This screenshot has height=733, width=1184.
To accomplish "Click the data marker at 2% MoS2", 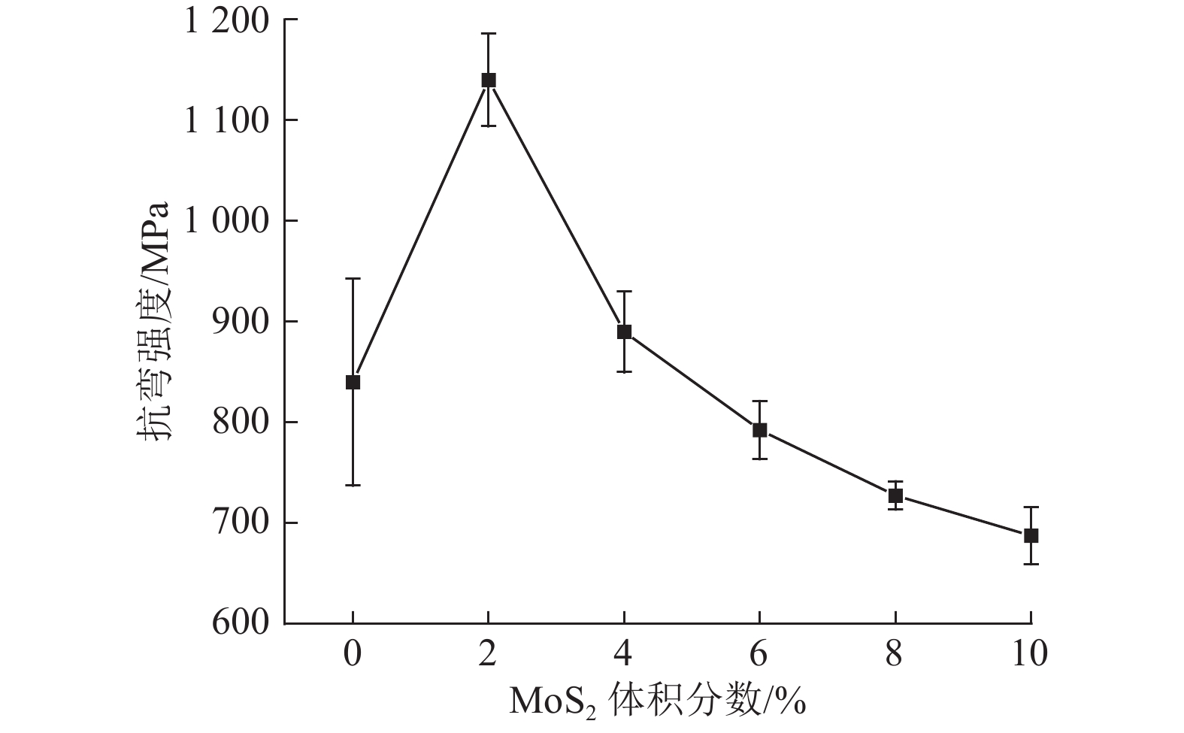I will [x=489, y=80].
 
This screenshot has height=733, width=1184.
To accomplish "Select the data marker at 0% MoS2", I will [x=353, y=382].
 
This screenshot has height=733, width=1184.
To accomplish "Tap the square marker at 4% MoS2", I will [x=624, y=332].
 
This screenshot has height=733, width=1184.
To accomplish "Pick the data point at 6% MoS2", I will [x=759, y=430].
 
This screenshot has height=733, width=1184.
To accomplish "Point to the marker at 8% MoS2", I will [x=895, y=495].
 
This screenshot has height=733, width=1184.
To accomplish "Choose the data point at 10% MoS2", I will [x=1031, y=535].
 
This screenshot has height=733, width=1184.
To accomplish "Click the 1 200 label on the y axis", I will [x=226, y=21].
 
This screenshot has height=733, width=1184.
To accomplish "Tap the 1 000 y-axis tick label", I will [x=226, y=221].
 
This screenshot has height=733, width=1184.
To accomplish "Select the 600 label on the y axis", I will [x=240, y=623].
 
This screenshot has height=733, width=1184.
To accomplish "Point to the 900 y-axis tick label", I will [x=240, y=322].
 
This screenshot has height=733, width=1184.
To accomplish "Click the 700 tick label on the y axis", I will [x=240, y=522].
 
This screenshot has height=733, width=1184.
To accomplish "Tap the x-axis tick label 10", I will [x=1029, y=654].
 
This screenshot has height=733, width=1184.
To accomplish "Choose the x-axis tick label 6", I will [x=759, y=654].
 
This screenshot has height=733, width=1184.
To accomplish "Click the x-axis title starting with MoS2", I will [x=658, y=701].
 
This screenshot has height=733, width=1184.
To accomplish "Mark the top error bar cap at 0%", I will [x=353, y=279].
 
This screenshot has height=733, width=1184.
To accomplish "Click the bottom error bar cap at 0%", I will [x=353, y=485].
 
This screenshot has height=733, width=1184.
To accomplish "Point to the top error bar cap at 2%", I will [x=489, y=34].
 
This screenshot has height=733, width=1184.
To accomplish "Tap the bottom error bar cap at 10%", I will [x=1031, y=564].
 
